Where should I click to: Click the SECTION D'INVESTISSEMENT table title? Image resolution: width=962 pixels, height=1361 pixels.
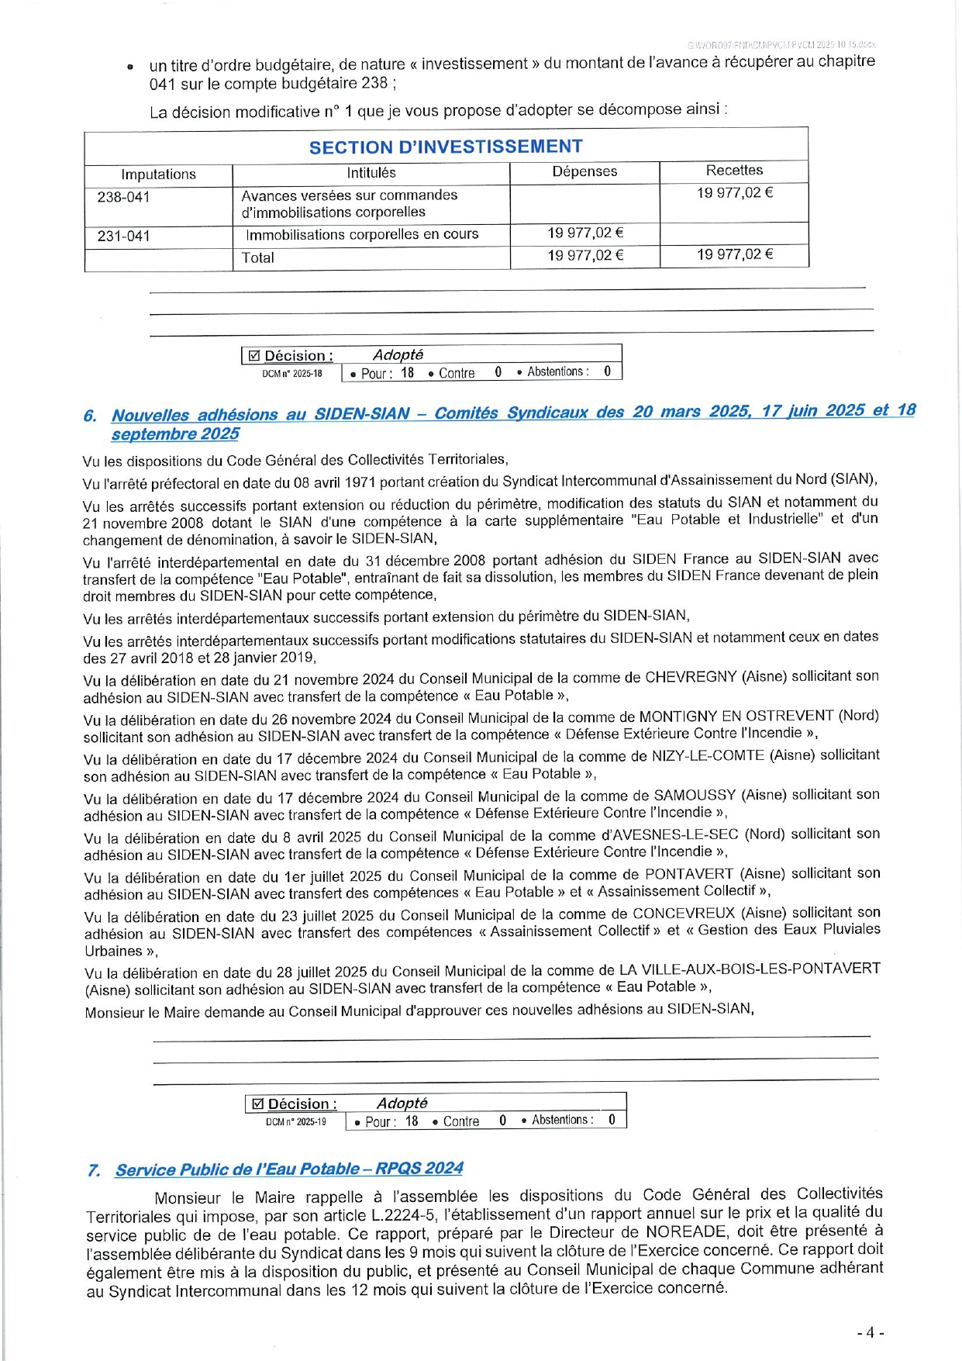(x=446, y=147)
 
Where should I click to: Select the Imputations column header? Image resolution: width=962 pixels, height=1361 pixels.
(x=158, y=174)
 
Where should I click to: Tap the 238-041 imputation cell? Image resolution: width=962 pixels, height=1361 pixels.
(x=124, y=197)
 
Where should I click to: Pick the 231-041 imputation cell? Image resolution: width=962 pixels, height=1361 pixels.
(x=124, y=236)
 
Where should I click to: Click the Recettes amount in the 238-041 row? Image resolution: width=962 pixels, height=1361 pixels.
(x=734, y=193)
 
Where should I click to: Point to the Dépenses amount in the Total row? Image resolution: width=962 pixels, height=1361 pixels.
(x=585, y=255)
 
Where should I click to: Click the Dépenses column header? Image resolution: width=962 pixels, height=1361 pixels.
(x=584, y=171)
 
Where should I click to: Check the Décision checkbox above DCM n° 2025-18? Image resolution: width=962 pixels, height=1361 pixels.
(x=253, y=356)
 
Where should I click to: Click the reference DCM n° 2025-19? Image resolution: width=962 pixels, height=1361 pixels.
(x=296, y=1122)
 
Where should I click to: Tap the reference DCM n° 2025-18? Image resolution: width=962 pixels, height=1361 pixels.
(x=292, y=374)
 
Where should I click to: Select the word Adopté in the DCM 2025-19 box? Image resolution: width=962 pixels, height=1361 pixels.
(x=402, y=1103)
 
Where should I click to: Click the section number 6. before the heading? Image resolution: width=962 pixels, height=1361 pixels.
(x=90, y=416)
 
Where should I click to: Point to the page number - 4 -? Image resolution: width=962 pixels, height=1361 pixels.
(x=871, y=1332)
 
